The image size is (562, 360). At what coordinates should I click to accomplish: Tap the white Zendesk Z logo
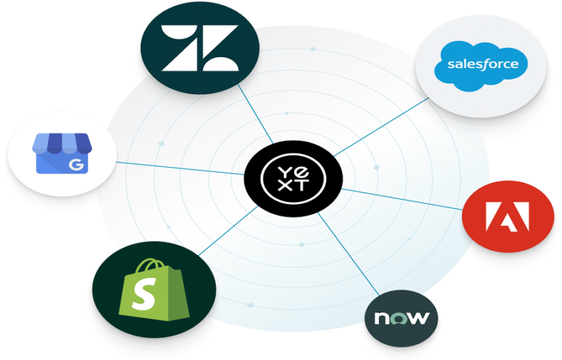click(x=199, y=50)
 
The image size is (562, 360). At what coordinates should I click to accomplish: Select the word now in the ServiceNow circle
click(x=401, y=318)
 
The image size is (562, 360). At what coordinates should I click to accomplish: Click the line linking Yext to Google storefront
click(x=183, y=167)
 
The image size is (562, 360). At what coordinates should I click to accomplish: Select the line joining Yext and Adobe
click(x=402, y=198)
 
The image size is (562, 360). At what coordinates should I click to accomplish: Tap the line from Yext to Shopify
click(x=227, y=230)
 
